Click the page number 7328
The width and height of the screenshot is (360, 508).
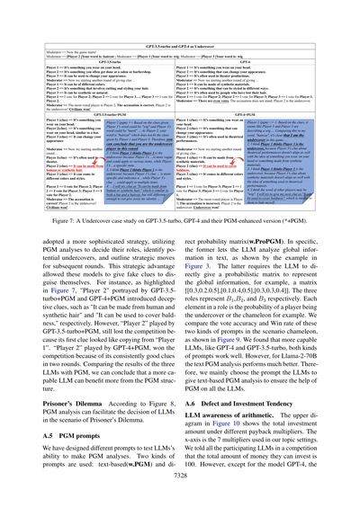[x=180, y=484]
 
